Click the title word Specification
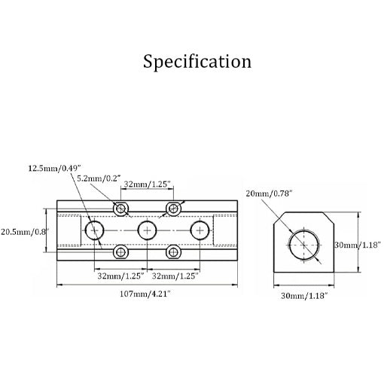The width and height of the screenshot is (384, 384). (197, 61)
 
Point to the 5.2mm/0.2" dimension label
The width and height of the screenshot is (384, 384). (99, 178)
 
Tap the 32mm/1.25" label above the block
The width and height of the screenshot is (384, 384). (147, 183)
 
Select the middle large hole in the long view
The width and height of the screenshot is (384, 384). (148, 230)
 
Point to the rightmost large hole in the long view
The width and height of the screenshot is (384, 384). (200, 230)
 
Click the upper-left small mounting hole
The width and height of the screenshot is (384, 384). (121, 208)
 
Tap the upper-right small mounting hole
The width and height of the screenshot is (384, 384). (173, 208)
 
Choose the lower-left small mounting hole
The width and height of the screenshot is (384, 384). (121, 251)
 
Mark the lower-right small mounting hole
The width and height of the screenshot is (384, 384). (173, 251)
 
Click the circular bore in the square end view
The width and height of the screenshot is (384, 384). (303, 244)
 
